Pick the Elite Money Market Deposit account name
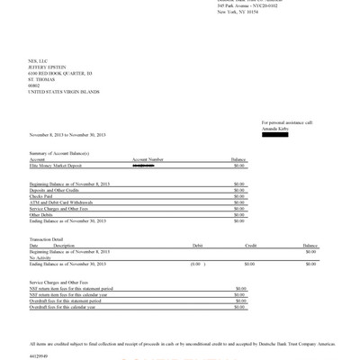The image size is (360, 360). [x=62, y=166]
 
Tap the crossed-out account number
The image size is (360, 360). [x=142, y=166]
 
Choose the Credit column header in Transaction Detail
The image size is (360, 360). [x=250, y=245]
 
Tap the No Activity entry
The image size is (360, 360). [x=41, y=257]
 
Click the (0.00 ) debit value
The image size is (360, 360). [x=195, y=264]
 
